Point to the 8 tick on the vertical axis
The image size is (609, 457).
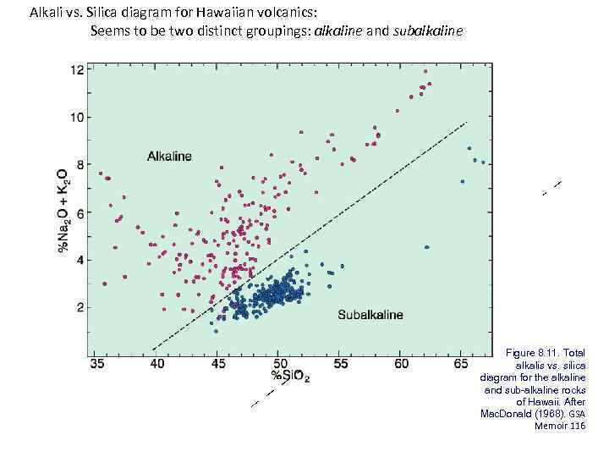[x=80, y=164]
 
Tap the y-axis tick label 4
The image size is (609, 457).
[x=80, y=260]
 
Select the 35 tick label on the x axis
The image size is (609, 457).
[x=98, y=363]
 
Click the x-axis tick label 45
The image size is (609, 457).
[x=218, y=363]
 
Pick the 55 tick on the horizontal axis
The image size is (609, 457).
[x=340, y=363]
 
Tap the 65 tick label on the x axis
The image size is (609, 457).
[x=462, y=363]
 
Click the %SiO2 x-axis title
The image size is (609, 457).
[x=289, y=377]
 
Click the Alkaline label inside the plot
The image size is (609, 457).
[x=169, y=156]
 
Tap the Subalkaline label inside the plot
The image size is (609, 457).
[x=370, y=315]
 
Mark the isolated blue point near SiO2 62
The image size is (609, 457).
[x=427, y=247]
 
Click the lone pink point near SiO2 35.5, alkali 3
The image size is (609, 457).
[x=104, y=284]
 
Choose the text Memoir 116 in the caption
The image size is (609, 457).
[x=560, y=426]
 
